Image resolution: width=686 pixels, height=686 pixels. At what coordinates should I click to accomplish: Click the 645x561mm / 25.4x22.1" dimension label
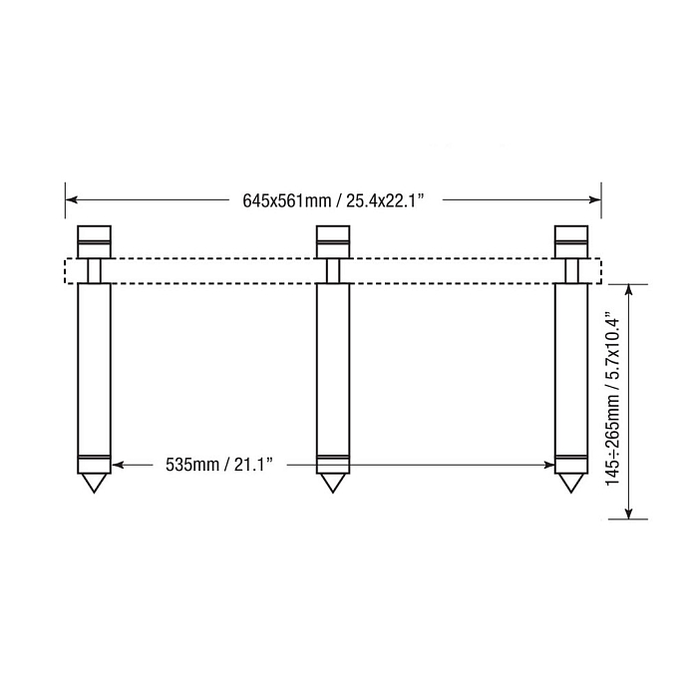[334, 199]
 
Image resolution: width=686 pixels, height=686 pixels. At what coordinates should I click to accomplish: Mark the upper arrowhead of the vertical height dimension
[628, 290]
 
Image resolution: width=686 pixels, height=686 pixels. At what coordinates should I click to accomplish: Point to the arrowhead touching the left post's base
[117, 465]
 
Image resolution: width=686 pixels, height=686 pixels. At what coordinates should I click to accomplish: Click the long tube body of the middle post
[332, 369]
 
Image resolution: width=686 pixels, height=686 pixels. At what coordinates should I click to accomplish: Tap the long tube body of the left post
[94, 369]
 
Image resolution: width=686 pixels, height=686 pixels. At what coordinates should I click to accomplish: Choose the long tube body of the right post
[570, 369]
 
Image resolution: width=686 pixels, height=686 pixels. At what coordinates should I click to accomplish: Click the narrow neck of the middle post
[332, 270]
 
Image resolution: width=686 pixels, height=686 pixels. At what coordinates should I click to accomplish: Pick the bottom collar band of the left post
[94, 465]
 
